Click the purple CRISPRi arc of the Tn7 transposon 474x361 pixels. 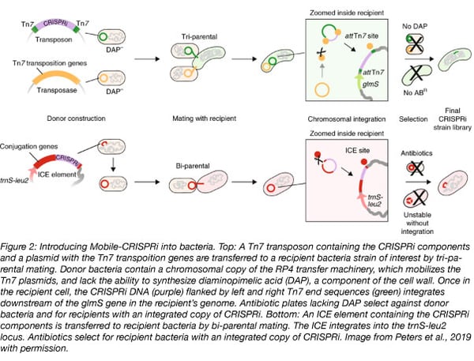click(56, 16)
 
